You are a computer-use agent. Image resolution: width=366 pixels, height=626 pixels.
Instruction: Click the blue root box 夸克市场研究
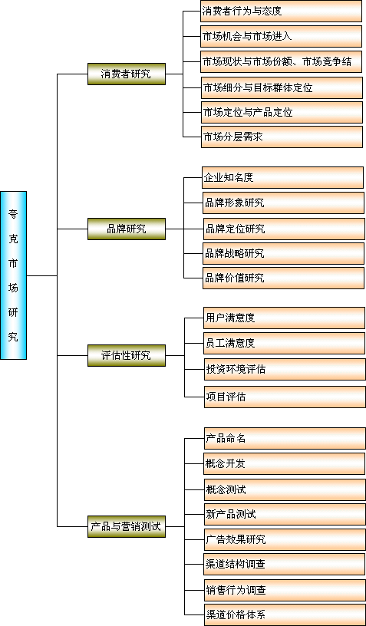[x=14, y=275]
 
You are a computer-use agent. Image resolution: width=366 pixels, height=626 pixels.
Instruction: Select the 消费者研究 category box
[x=127, y=74]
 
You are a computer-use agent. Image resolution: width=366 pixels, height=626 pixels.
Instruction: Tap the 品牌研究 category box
[x=127, y=229]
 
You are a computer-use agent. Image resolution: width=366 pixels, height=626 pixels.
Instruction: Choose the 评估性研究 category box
[x=127, y=355]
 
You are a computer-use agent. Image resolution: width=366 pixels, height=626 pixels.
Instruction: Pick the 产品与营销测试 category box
[x=127, y=526]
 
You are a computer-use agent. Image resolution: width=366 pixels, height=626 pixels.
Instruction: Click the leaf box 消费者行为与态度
[x=281, y=12]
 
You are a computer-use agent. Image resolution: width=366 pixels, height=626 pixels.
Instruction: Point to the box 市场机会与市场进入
[x=281, y=36]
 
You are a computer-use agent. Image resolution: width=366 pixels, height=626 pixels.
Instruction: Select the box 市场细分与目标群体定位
[x=282, y=87]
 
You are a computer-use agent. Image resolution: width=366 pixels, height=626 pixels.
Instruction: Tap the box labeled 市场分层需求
[x=282, y=137]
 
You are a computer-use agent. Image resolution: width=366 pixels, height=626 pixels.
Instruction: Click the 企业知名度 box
[x=282, y=178]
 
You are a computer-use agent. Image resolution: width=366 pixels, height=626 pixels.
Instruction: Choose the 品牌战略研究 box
[x=283, y=253]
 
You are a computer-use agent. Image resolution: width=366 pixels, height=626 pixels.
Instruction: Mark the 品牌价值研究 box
[x=283, y=278]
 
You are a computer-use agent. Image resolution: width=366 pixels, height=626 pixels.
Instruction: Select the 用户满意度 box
[x=284, y=318]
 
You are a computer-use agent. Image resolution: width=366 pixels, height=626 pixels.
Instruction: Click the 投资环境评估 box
[x=285, y=369]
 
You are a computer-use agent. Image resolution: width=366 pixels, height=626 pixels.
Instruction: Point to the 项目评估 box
[x=285, y=397]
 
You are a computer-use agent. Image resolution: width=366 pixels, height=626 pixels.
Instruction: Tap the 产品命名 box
[x=285, y=438]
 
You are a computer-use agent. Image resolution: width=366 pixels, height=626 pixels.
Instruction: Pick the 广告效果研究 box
[x=285, y=540]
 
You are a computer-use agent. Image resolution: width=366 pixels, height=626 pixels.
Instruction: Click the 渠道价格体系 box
[x=285, y=614]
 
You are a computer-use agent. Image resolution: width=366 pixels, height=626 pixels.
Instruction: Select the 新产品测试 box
[x=285, y=514]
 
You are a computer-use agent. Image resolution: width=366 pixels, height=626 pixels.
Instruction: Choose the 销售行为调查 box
[x=285, y=590]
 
